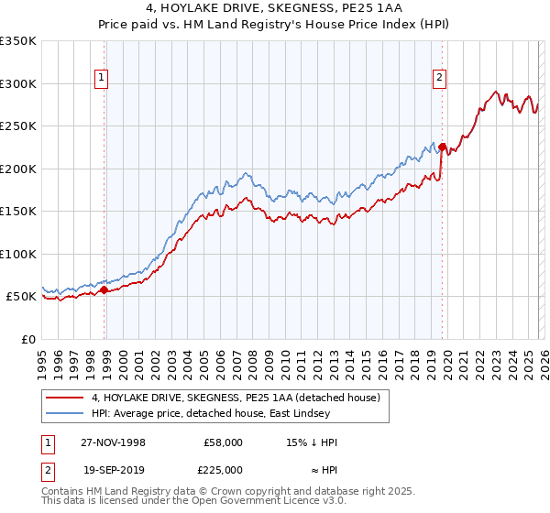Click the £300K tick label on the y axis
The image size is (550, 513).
click(18, 83)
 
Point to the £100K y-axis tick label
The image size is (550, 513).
click(18, 254)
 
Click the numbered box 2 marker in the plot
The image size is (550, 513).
click(440, 79)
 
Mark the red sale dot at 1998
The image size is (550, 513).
click(104, 289)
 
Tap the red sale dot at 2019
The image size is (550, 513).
click(442, 147)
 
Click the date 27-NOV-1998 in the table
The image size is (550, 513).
click(111, 442)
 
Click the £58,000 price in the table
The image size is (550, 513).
click(222, 442)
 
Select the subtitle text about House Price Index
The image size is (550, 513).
click(275, 24)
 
